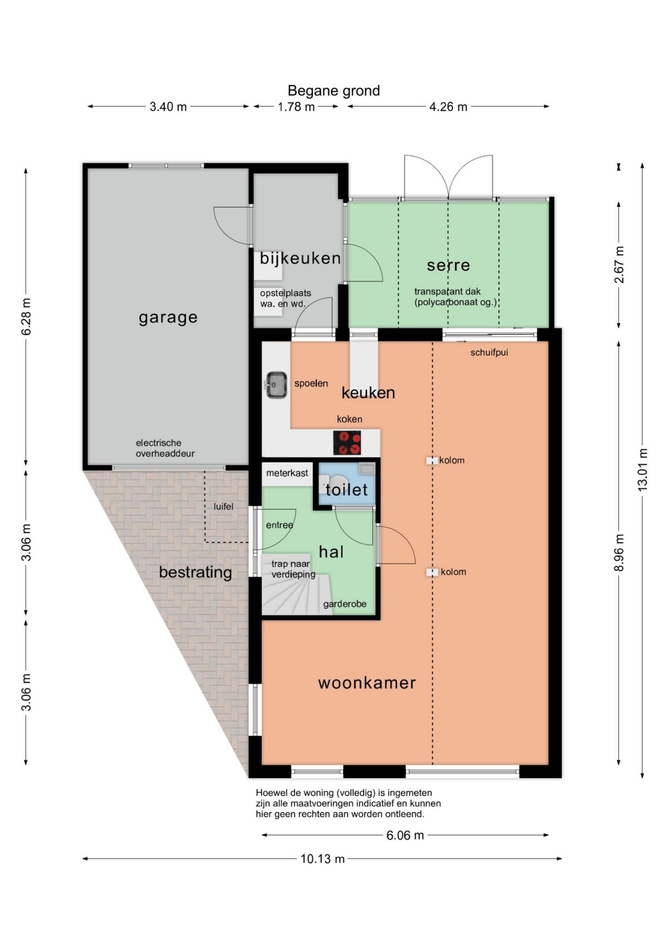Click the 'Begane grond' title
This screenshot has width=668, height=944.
click(x=333, y=91)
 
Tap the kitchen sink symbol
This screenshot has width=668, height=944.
click(x=276, y=385)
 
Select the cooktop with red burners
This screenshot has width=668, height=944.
click(x=347, y=442)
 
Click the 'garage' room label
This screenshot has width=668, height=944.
click(x=168, y=318)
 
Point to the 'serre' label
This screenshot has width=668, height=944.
click(x=448, y=265)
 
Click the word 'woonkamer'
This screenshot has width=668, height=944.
click(x=367, y=683)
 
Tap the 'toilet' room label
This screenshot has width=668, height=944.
click(x=347, y=490)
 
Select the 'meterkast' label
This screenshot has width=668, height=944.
click(x=287, y=473)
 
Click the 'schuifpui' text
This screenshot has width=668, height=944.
click(x=489, y=353)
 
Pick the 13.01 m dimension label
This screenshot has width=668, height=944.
click(x=642, y=469)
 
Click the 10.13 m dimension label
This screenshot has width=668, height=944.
click(x=323, y=859)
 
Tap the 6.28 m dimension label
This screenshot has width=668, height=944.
click(x=26, y=316)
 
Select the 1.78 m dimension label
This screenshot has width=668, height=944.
click(x=296, y=107)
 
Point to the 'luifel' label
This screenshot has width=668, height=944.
click(x=223, y=507)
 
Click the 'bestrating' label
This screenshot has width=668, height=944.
click(x=195, y=572)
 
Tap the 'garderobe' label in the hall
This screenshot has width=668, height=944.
click(x=345, y=604)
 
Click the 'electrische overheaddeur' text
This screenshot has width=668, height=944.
click(x=165, y=448)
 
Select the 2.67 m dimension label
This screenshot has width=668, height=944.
click(x=618, y=265)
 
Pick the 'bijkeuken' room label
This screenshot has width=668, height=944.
click(x=300, y=258)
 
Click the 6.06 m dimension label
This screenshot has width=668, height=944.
click(x=405, y=836)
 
